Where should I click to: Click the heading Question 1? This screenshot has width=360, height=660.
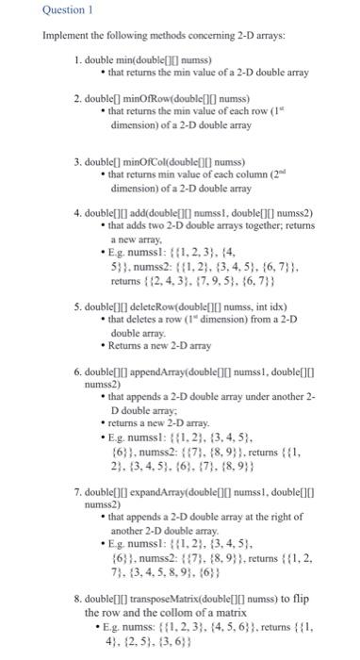coord(34,11)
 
